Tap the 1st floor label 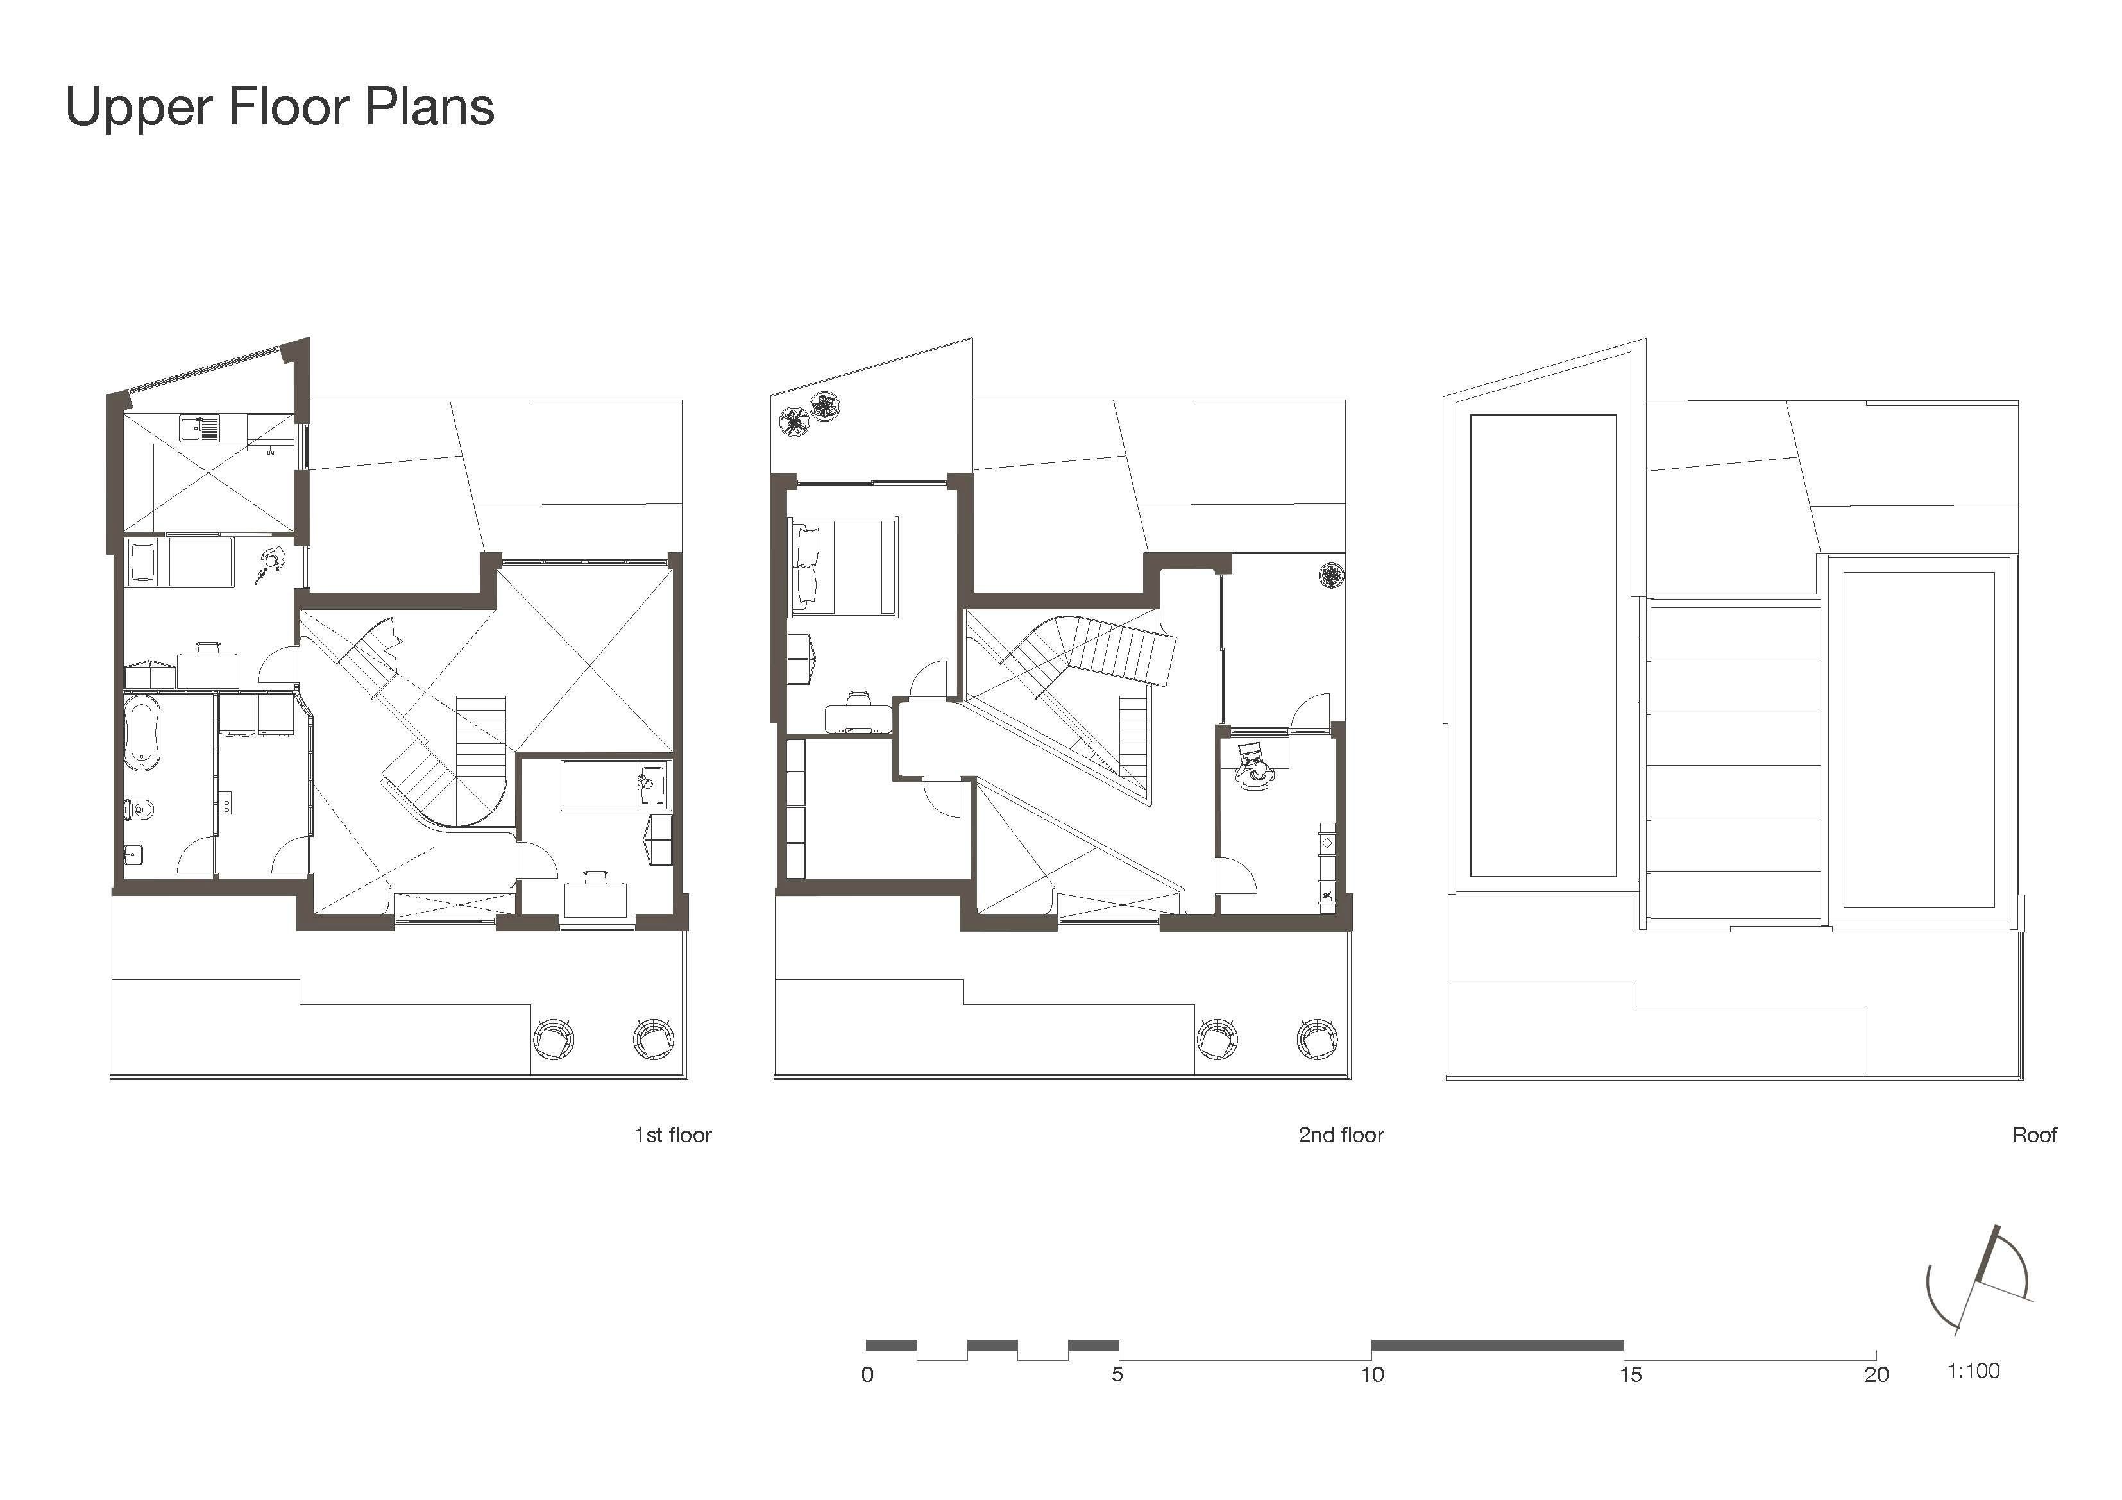(673, 1135)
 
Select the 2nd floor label (1341, 1135)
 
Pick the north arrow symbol (1980, 1281)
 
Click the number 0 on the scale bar (867, 1375)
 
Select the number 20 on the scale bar (1876, 1375)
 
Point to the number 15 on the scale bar (1631, 1375)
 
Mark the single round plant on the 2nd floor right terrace (1331, 575)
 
